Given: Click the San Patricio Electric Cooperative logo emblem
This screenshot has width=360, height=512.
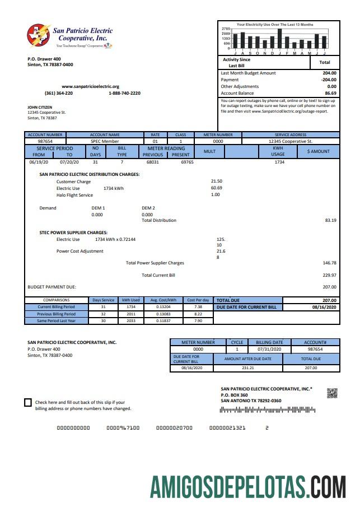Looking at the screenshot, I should point(39,35).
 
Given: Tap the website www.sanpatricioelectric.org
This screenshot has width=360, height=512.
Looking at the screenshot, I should point(90,86).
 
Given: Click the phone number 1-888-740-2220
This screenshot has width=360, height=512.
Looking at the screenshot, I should point(124,93).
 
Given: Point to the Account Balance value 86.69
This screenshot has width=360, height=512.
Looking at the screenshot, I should point(330,93).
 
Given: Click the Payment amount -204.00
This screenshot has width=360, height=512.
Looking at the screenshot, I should point(329,80).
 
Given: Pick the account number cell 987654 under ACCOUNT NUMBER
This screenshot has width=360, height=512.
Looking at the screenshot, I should point(45,141).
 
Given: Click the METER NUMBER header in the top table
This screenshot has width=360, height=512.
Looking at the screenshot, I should point(218,135).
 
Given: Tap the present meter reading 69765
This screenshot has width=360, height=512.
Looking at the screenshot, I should point(187,162).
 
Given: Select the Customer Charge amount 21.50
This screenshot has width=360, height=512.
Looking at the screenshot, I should point(217,181).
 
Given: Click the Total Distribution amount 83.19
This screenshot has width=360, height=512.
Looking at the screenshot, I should point(330,220).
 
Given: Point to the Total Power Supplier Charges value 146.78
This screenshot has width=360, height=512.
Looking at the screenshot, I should point(329,263).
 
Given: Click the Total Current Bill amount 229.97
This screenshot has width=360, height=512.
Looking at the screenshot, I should point(329,275).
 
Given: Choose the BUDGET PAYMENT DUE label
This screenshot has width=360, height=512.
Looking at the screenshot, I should point(52,287).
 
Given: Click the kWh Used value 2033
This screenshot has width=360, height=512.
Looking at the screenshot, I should point(131,320).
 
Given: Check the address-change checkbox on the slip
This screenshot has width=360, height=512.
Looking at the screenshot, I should point(28,402).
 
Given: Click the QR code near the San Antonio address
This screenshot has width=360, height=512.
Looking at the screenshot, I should point(332,393).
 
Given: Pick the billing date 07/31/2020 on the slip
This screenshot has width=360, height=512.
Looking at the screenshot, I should point(270,349).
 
